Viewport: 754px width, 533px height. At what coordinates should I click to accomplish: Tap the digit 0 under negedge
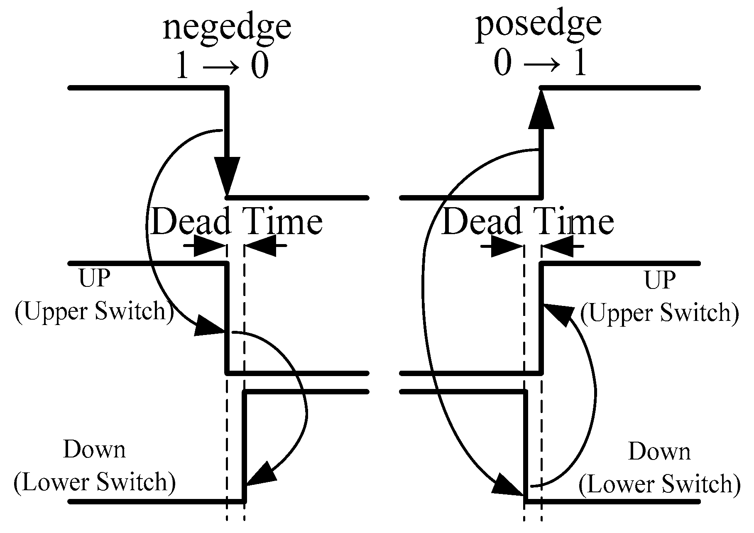(x=259, y=66)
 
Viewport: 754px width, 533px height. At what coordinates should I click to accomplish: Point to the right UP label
(x=660, y=280)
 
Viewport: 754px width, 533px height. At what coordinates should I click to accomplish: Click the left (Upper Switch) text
(x=94, y=311)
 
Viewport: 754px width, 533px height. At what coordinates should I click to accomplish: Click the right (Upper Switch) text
(x=659, y=312)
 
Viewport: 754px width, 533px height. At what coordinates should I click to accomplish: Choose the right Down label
(x=659, y=452)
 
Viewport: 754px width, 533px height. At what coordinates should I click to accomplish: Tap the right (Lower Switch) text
(x=659, y=484)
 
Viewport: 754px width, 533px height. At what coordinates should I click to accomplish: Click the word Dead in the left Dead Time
(x=191, y=221)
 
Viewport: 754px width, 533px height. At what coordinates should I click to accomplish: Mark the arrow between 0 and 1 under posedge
(x=541, y=64)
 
